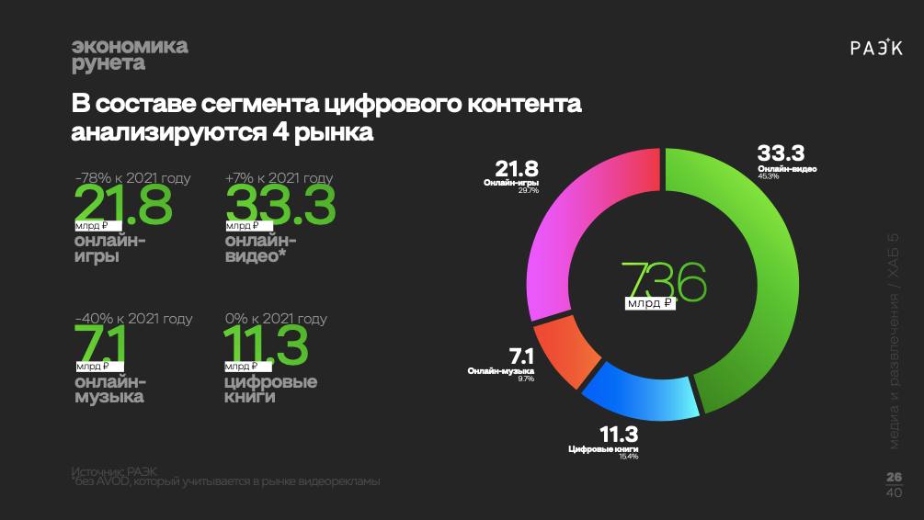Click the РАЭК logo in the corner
tap(876, 49)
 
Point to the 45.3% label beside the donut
tap(769, 177)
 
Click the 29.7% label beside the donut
tap(528, 190)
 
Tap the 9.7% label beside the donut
tap(526, 379)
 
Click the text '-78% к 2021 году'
tap(133, 178)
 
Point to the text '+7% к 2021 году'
tap(279, 178)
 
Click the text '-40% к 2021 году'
tap(134, 319)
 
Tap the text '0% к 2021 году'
tap(276, 319)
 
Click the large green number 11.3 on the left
tap(267, 345)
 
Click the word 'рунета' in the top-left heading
tap(108, 64)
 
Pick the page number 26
tap(894, 476)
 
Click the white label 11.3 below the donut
tap(618, 435)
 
